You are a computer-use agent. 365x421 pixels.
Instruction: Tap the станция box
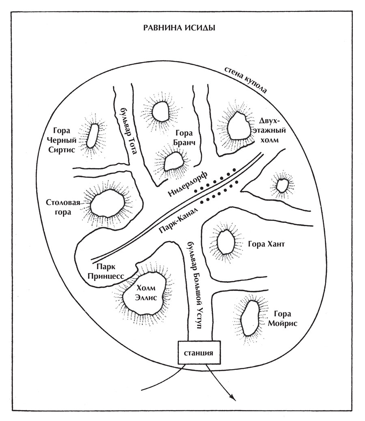coord(198,352)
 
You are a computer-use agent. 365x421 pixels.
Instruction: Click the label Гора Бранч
coord(186,138)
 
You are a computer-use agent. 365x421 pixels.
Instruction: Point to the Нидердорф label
coord(187,185)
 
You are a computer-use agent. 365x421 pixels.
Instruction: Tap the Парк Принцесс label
coord(110,271)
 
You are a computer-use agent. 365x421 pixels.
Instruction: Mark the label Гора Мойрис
coord(283,318)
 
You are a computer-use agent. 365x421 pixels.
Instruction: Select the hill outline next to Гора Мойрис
coord(250,318)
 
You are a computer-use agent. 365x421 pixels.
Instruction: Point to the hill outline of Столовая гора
coord(107,203)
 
